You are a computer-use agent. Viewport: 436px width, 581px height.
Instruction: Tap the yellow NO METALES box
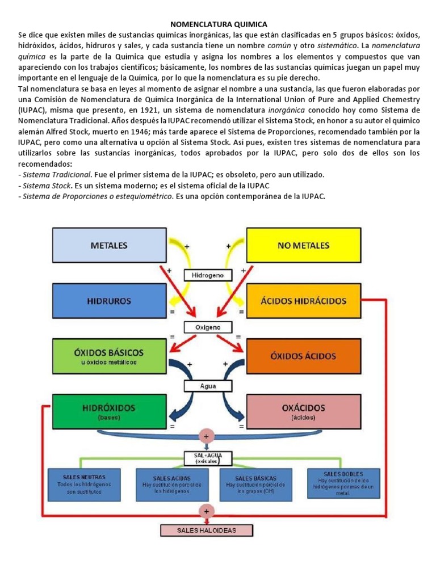pos(303,245)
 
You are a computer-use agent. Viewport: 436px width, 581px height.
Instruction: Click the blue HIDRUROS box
pos(110,301)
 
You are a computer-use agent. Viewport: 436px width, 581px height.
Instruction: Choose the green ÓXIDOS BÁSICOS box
pos(110,356)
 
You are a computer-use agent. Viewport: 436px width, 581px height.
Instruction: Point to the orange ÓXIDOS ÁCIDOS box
pos(303,356)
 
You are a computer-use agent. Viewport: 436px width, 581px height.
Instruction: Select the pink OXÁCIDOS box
pos(303,411)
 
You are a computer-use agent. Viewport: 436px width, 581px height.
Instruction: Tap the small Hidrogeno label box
pos(208,275)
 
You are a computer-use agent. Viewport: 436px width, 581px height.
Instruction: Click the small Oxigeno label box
pos(208,327)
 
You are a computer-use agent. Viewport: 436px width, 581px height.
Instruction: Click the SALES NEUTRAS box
pos(89,482)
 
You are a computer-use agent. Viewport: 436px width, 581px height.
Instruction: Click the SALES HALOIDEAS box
pos(206,531)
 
